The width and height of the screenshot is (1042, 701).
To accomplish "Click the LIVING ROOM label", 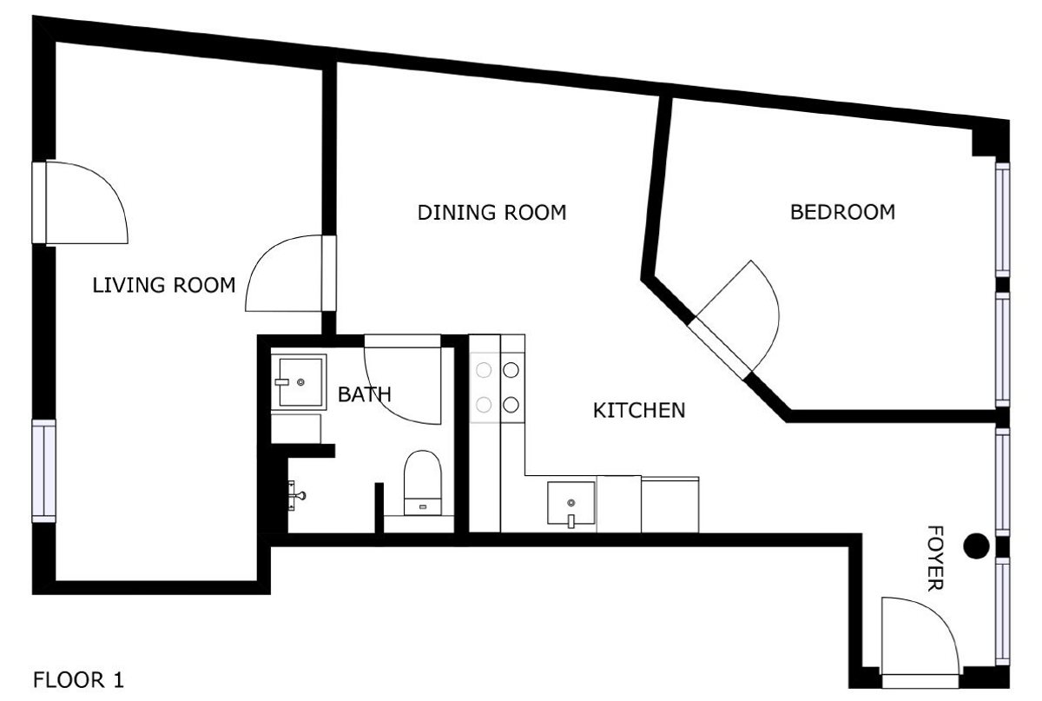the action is click(164, 285).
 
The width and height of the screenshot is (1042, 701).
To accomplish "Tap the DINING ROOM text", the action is click(491, 213).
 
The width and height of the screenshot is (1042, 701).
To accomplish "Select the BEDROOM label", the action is click(842, 212).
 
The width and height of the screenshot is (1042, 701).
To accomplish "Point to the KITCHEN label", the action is click(639, 411).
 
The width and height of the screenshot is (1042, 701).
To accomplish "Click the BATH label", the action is click(364, 394).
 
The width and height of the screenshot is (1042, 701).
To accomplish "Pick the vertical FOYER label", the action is click(935, 558).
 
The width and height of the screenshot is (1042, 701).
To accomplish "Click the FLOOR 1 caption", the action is click(79, 680).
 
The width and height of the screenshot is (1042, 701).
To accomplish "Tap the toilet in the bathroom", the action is click(422, 483).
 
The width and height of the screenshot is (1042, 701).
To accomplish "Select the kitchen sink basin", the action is click(571, 503).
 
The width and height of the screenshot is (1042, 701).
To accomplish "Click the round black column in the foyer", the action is click(976, 546).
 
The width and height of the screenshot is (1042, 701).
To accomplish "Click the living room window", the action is click(43, 471).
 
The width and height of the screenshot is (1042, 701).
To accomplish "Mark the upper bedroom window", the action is click(1002, 220).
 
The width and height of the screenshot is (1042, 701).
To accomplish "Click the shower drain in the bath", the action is click(300, 382).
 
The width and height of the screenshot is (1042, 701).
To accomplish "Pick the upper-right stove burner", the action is click(511, 370).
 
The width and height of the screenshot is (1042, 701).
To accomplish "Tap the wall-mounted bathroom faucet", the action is click(296, 495).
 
